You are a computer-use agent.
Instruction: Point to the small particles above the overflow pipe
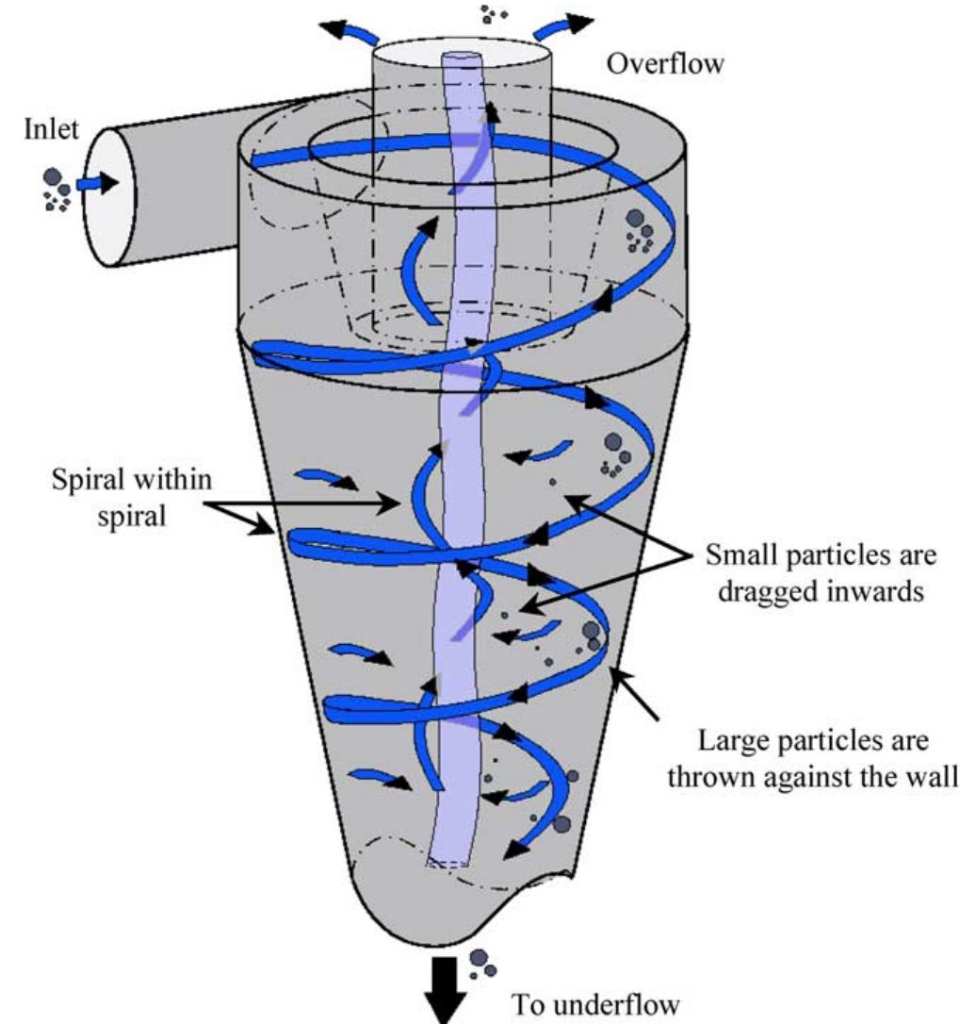(x=493, y=13)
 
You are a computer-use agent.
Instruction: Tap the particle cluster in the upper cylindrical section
(x=641, y=228)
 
